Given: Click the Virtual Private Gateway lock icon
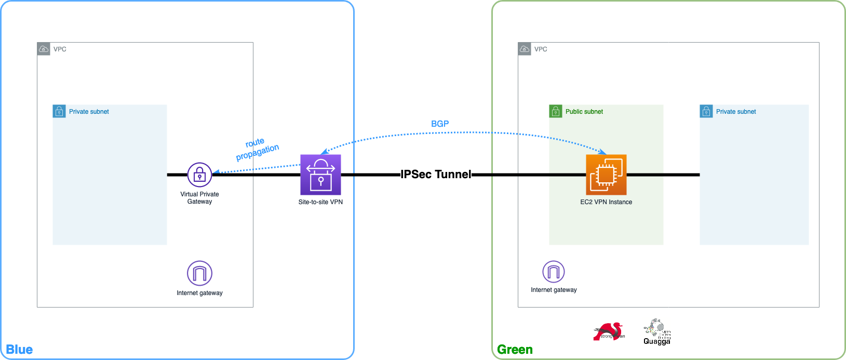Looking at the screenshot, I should coord(199,175).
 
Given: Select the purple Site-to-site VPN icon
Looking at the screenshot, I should coord(320,175).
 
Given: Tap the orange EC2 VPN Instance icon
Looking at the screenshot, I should coord(606,175).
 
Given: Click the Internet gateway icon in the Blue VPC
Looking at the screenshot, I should coord(199,273).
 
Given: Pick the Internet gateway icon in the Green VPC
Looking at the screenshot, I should coord(554,271).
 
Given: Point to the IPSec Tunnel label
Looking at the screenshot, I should coord(436,175).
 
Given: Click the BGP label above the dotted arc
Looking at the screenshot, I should coord(440,124).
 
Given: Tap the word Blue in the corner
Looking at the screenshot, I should coord(19,350).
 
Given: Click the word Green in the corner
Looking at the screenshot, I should coord(515,350).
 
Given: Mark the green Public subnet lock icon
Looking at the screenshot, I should coord(556,111).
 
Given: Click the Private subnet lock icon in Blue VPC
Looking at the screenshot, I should coord(59,111).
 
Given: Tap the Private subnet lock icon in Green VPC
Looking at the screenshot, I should coord(706,111).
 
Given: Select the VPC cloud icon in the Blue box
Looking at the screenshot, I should coord(44,49).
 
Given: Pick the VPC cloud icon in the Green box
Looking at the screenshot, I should coord(525,49).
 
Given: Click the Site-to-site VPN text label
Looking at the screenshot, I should coord(320,202).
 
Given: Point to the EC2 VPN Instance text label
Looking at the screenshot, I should coord(606,202).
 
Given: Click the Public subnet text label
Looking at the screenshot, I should coord(584,112).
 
